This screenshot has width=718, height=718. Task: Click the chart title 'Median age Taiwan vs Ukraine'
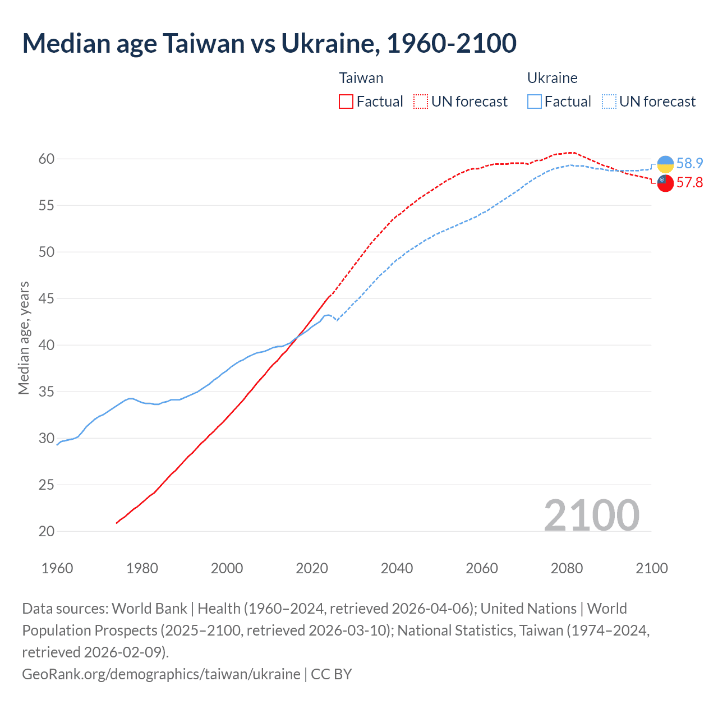[269, 44]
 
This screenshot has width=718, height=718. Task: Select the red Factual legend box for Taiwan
[346, 102]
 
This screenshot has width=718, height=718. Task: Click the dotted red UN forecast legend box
[421, 102]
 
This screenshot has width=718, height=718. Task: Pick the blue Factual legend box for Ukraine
[534, 102]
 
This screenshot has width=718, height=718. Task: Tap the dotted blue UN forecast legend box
[609, 102]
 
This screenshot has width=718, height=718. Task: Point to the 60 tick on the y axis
[47, 159]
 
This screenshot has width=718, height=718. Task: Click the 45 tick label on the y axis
[47, 298]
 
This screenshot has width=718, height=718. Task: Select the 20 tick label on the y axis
[47, 531]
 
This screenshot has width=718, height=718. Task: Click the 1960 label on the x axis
[57, 568]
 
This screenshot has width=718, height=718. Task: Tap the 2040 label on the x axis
[397, 568]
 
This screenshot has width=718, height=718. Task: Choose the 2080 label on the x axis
[567, 568]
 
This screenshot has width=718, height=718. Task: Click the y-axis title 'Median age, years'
[24, 338]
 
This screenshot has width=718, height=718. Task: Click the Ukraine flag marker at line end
[665, 164]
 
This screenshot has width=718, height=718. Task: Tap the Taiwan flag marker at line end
[665, 183]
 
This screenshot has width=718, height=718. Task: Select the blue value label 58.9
[689, 163]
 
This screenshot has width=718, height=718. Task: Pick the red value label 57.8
[689, 182]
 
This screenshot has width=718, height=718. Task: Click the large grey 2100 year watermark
[592, 515]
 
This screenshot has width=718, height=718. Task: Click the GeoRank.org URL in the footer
[161, 674]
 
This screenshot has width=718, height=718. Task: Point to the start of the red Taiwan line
[117, 523]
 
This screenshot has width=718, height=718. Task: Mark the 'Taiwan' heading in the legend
[361, 78]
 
